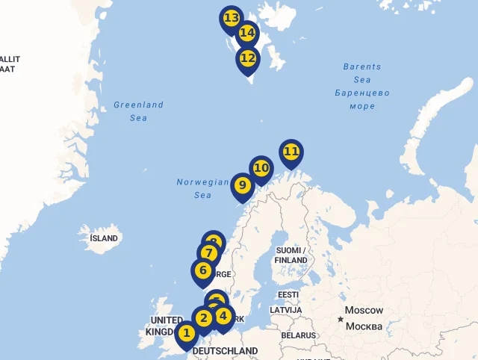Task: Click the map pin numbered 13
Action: tap(231, 18)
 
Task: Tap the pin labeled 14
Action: tap(247, 34)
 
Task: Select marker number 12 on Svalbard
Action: tap(248, 58)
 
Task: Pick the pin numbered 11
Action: tap(291, 152)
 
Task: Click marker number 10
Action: tap(261, 168)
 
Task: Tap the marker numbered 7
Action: tap(209, 253)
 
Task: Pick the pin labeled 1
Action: tap(187, 333)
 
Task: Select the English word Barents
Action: tap(362, 67)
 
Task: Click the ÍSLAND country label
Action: tap(104, 239)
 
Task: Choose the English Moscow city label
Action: tap(364, 311)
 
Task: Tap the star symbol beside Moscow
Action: tap(341, 320)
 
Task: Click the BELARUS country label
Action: tap(299, 335)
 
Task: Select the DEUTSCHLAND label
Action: tap(225, 351)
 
